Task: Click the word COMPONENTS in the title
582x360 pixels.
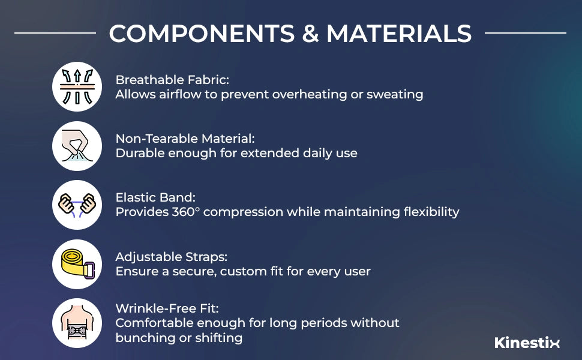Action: [202, 34]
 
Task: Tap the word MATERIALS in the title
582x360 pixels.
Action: [399, 34]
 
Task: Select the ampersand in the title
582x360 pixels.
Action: [311, 34]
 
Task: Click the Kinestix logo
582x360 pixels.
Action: [527, 342]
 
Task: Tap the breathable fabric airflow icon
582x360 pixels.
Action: [77, 86]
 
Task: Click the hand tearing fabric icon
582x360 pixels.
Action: [77, 146]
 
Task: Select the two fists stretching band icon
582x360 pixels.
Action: [77, 205]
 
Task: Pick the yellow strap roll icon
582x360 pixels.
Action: [77, 264]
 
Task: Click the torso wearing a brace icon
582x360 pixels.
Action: [77, 323]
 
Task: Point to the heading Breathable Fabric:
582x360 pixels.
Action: [172, 80]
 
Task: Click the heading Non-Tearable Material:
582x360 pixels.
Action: [185, 139]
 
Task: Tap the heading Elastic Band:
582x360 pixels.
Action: [155, 197]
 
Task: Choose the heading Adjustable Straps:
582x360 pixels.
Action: [172, 257]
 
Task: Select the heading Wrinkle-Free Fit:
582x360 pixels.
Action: [167, 308]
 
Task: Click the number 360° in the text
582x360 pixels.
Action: [186, 212]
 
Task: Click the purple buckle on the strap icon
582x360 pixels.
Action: [89, 270]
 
